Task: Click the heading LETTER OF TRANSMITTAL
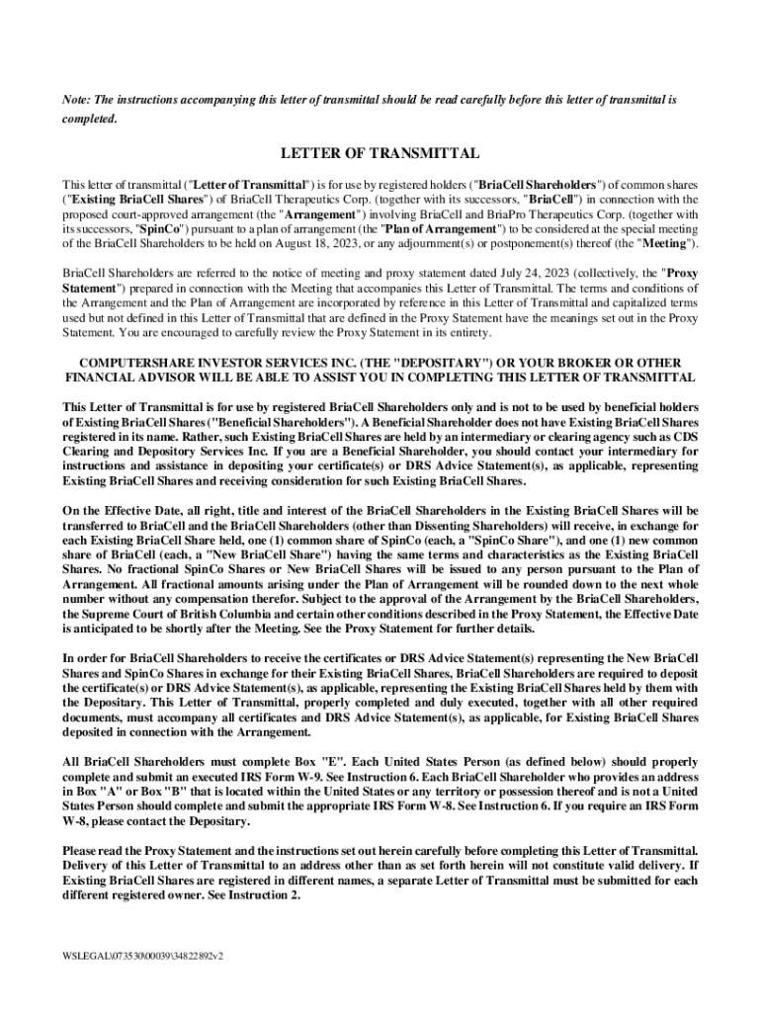click(380, 154)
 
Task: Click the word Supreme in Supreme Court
click(103, 613)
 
